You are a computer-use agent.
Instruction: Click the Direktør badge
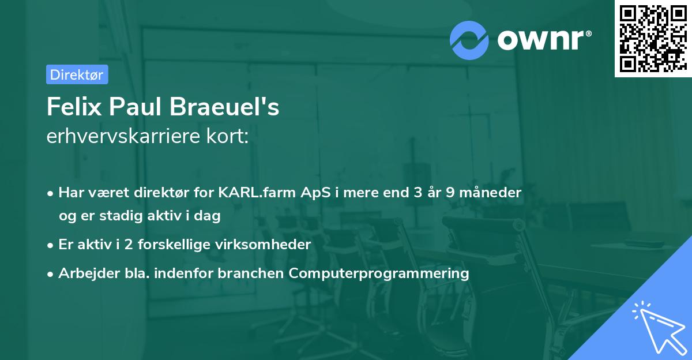[77, 74]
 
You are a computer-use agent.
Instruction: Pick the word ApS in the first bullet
[317, 193]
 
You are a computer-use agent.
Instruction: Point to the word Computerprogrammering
[379, 273]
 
